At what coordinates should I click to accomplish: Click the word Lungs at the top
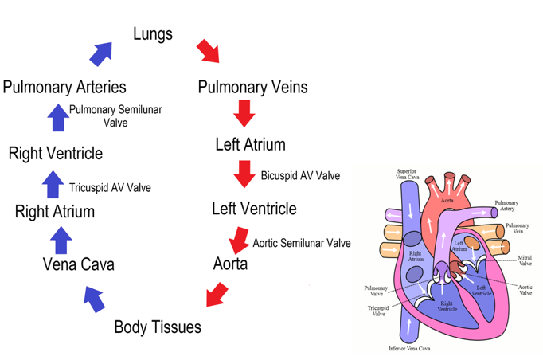pos(153,34)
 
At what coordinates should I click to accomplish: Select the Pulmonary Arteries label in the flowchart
pos(64,87)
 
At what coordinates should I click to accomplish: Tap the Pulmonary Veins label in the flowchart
pos(252,87)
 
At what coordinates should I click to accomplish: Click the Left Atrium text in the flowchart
pos(250,145)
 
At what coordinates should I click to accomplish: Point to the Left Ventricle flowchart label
pos(254,209)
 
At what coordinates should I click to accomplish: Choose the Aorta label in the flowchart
pos(230,263)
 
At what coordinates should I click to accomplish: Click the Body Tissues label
pos(158,327)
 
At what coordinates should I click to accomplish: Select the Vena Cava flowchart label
pos(78,264)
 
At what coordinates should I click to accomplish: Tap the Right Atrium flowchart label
pos(55,212)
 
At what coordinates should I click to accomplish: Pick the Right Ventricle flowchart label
pos(56,154)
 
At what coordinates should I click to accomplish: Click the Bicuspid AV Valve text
pos(300,176)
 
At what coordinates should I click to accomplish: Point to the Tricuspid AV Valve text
pos(110,188)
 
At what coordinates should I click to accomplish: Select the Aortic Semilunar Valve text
pos(302,243)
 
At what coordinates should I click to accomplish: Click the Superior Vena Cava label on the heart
pos(407,174)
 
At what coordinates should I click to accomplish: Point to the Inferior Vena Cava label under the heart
pos(409,349)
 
